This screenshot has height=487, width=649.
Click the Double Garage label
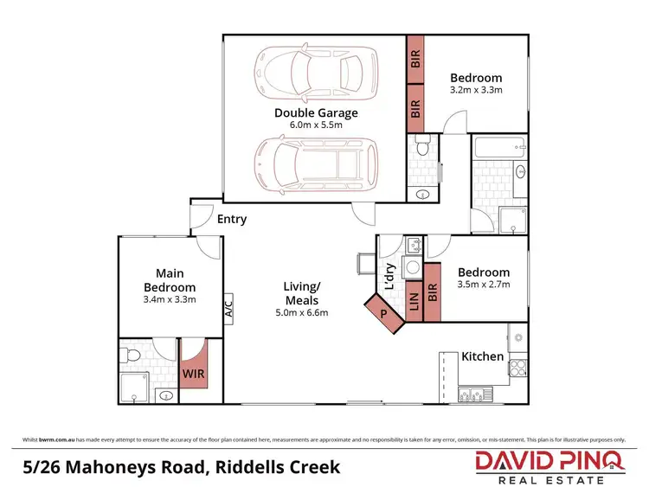(316, 112)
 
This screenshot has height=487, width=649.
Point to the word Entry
(231, 219)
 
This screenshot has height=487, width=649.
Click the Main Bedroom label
(169, 280)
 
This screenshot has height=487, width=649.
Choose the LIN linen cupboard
(413, 302)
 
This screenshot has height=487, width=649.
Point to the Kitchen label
(482, 356)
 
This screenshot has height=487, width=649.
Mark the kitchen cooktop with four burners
(517, 368)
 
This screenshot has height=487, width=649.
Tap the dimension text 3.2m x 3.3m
(476, 89)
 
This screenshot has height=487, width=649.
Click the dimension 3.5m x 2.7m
(484, 283)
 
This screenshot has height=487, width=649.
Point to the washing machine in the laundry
(414, 267)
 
